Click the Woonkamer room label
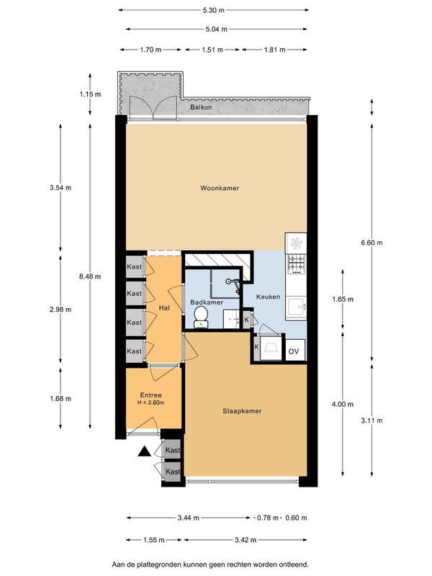[220, 188]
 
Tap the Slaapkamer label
[242, 411]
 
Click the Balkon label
[201, 107]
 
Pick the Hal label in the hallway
[164, 307]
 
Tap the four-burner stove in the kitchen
[296, 266]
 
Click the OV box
[294, 351]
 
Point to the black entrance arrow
[144, 451]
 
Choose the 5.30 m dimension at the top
[214, 10]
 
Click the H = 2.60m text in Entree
[151, 402]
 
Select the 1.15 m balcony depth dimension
[90, 94]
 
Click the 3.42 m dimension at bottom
[247, 539]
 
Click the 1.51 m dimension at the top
[212, 50]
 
